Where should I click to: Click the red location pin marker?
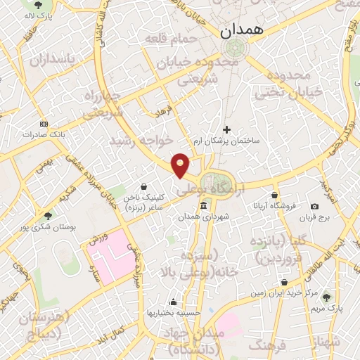tap(181, 165)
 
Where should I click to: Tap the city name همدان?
tap(241, 30)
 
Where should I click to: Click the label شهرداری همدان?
tap(203, 217)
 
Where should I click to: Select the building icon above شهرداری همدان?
tap(203, 206)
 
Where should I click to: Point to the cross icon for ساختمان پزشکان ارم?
tap(226, 129)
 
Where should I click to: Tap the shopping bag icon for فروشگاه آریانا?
tap(274, 195)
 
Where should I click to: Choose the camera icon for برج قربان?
tap(314, 206)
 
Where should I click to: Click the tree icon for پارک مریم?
tap(325, 298)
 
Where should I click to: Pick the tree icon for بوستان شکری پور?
tap(48, 216)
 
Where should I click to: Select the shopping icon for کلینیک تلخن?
tap(143, 187)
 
